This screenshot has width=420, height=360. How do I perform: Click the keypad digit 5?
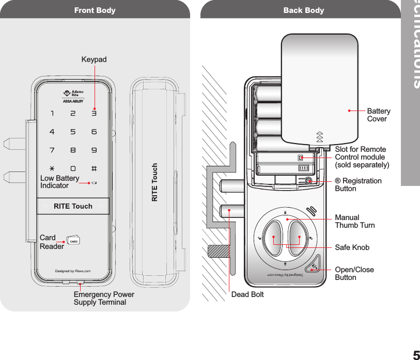click(73, 132)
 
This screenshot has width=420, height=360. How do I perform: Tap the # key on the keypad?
click(94, 169)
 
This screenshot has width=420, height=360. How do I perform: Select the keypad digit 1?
click(52, 113)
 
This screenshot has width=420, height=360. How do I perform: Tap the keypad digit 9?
click(94, 150)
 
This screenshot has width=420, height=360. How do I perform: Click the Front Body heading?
click(95, 10)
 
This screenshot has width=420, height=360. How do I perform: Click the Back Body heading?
click(304, 10)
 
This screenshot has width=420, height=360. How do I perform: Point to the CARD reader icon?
click(74, 241)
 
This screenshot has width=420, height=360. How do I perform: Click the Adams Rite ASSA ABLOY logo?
click(73, 97)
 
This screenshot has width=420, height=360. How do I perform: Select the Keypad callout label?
click(94, 60)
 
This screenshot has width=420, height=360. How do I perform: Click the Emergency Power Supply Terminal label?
click(104, 298)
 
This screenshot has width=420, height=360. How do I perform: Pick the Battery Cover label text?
click(379, 115)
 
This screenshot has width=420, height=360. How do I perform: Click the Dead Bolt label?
click(247, 294)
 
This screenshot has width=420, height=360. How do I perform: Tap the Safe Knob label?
click(352, 247)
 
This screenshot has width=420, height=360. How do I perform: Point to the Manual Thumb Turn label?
click(355, 222)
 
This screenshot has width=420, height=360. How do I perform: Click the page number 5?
click(415, 355)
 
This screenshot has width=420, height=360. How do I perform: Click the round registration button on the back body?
click(308, 181)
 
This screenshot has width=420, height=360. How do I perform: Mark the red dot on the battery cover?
click(349, 110)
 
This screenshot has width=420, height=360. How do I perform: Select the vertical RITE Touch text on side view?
click(154, 182)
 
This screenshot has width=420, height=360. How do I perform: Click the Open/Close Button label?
click(354, 273)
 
